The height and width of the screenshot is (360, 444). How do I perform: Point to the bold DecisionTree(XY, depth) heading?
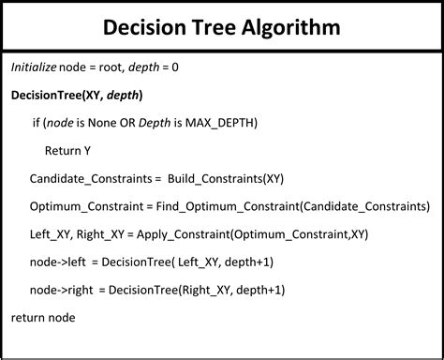point(77,96)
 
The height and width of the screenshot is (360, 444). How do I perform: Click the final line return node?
point(43,318)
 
